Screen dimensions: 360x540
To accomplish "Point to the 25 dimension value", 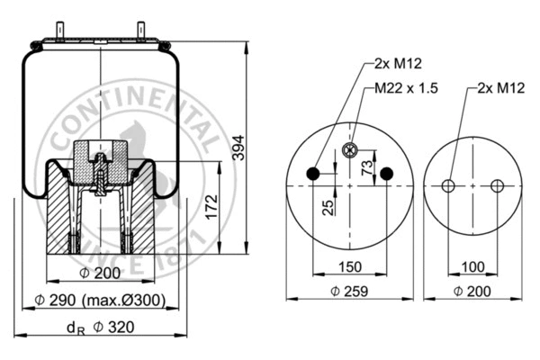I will [328, 207].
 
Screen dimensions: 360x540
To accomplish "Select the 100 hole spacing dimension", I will [472, 267].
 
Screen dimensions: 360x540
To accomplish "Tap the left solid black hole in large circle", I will [312, 173].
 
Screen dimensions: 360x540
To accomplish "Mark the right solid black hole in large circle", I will [387, 173].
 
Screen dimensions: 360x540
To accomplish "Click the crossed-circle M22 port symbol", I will [350, 150].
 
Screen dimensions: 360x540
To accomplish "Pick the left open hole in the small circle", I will [448, 185].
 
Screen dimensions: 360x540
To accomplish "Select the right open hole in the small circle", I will [497, 185].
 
